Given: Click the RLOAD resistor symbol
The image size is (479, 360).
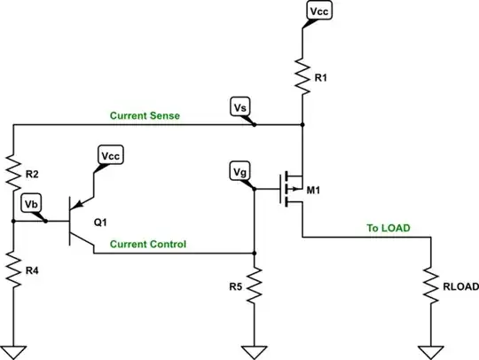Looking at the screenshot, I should (430, 285).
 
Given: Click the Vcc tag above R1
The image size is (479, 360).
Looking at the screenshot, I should (318, 12).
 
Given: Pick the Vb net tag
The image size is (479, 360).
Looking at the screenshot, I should (31, 204).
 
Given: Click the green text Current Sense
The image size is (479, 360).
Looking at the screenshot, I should (146, 115).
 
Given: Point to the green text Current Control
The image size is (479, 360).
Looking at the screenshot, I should (148, 243).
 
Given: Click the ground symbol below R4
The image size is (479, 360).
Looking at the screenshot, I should (13, 348).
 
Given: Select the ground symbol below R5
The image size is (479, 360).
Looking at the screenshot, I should (255, 348).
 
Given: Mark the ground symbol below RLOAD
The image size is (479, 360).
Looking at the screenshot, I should (430, 348).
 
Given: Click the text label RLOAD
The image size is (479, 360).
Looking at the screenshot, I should (461, 286).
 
